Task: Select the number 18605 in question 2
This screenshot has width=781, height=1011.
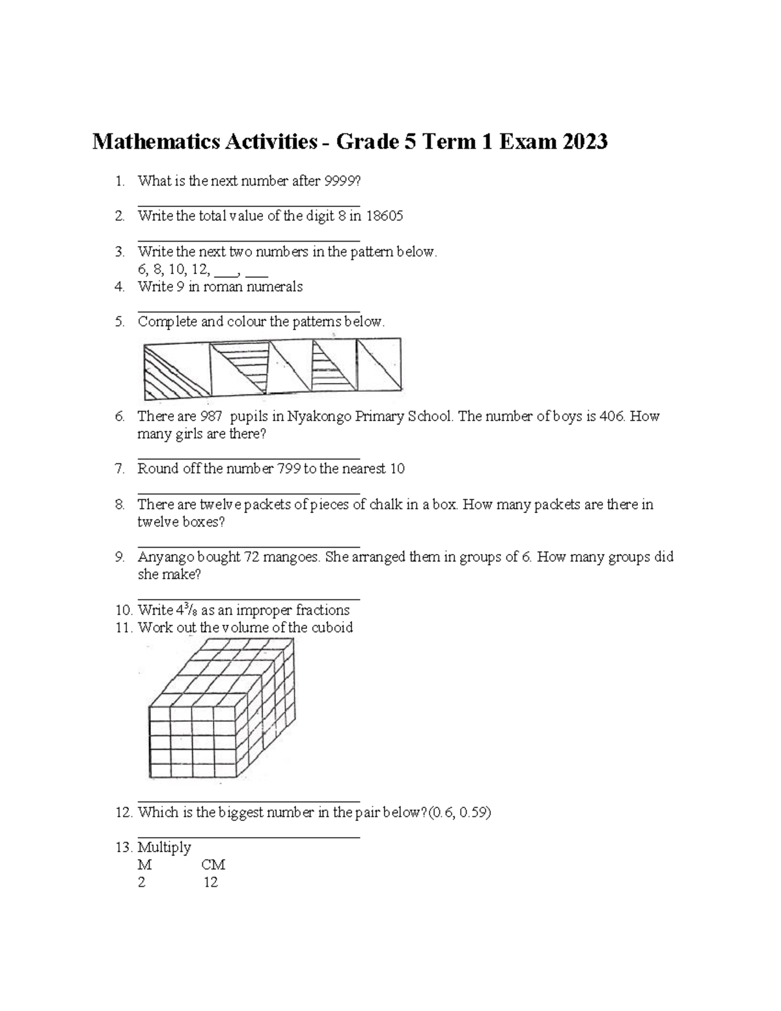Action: point(384,216)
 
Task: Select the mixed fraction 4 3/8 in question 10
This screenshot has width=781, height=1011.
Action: point(186,610)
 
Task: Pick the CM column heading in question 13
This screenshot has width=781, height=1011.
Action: point(213,865)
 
